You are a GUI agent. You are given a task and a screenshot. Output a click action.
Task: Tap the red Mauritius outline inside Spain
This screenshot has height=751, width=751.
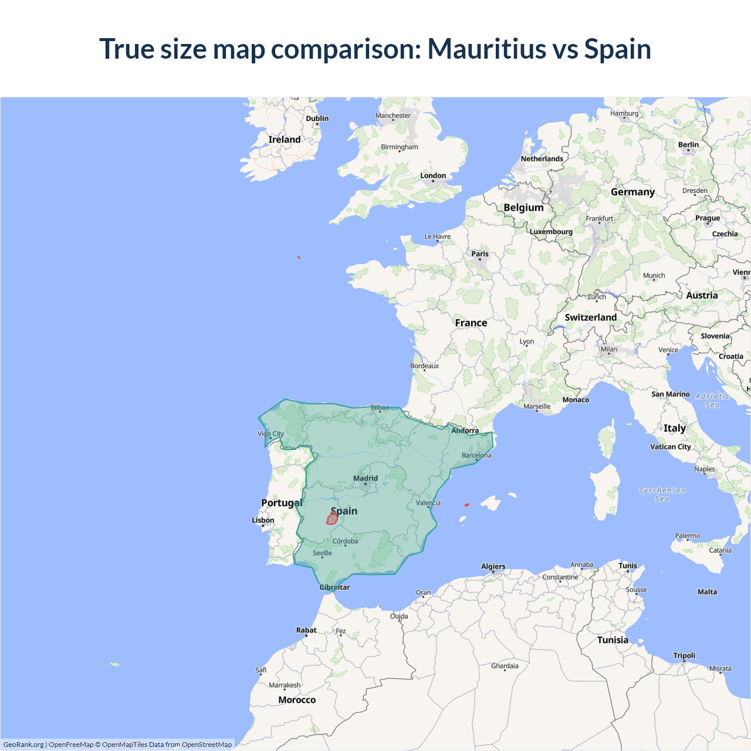[332, 518]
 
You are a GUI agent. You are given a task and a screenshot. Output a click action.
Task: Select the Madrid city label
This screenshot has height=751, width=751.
[366, 478]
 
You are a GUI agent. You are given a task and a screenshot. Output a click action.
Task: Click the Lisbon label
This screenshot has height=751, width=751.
[263, 520]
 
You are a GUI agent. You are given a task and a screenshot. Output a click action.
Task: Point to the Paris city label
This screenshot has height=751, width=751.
[480, 254]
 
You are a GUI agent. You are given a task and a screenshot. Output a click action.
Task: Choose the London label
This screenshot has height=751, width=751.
[433, 175]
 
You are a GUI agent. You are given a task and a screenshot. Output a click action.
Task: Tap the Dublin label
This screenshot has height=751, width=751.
[317, 119]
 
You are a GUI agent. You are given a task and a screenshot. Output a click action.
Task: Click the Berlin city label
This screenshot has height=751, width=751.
[688, 144]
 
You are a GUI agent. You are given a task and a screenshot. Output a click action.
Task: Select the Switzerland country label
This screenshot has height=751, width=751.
[590, 317]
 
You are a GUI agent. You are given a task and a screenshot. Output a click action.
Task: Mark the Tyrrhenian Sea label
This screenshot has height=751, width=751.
[662, 494]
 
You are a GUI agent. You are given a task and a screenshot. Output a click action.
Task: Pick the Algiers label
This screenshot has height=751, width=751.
[493, 566]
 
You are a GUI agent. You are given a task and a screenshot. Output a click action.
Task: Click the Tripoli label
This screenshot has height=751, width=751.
[684, 655]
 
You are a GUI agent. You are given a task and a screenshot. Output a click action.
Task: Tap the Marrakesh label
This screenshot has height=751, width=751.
[285, 685]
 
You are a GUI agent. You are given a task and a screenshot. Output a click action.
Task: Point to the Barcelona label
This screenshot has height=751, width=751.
[476, 455]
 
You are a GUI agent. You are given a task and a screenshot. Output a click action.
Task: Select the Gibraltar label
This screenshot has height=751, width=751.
[334, 587]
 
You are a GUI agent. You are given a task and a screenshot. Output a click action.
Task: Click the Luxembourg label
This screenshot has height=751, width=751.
[551, 231]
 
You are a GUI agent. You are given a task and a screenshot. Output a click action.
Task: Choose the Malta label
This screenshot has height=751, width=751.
[707, 591]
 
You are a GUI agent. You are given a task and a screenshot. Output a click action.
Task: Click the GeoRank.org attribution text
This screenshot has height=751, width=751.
[23, 745]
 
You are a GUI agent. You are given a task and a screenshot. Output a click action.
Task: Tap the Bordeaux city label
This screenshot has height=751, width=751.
[424, 366]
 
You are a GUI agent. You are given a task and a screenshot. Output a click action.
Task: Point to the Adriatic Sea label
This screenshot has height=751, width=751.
[712, 400]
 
